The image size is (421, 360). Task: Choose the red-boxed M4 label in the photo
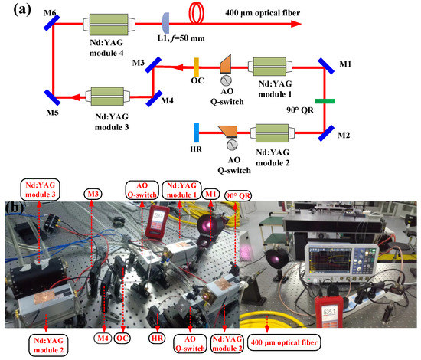pyautogui.click(x=103, y=338)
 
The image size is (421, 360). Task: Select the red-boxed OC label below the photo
pyautogui.click(x=123, y=338)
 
